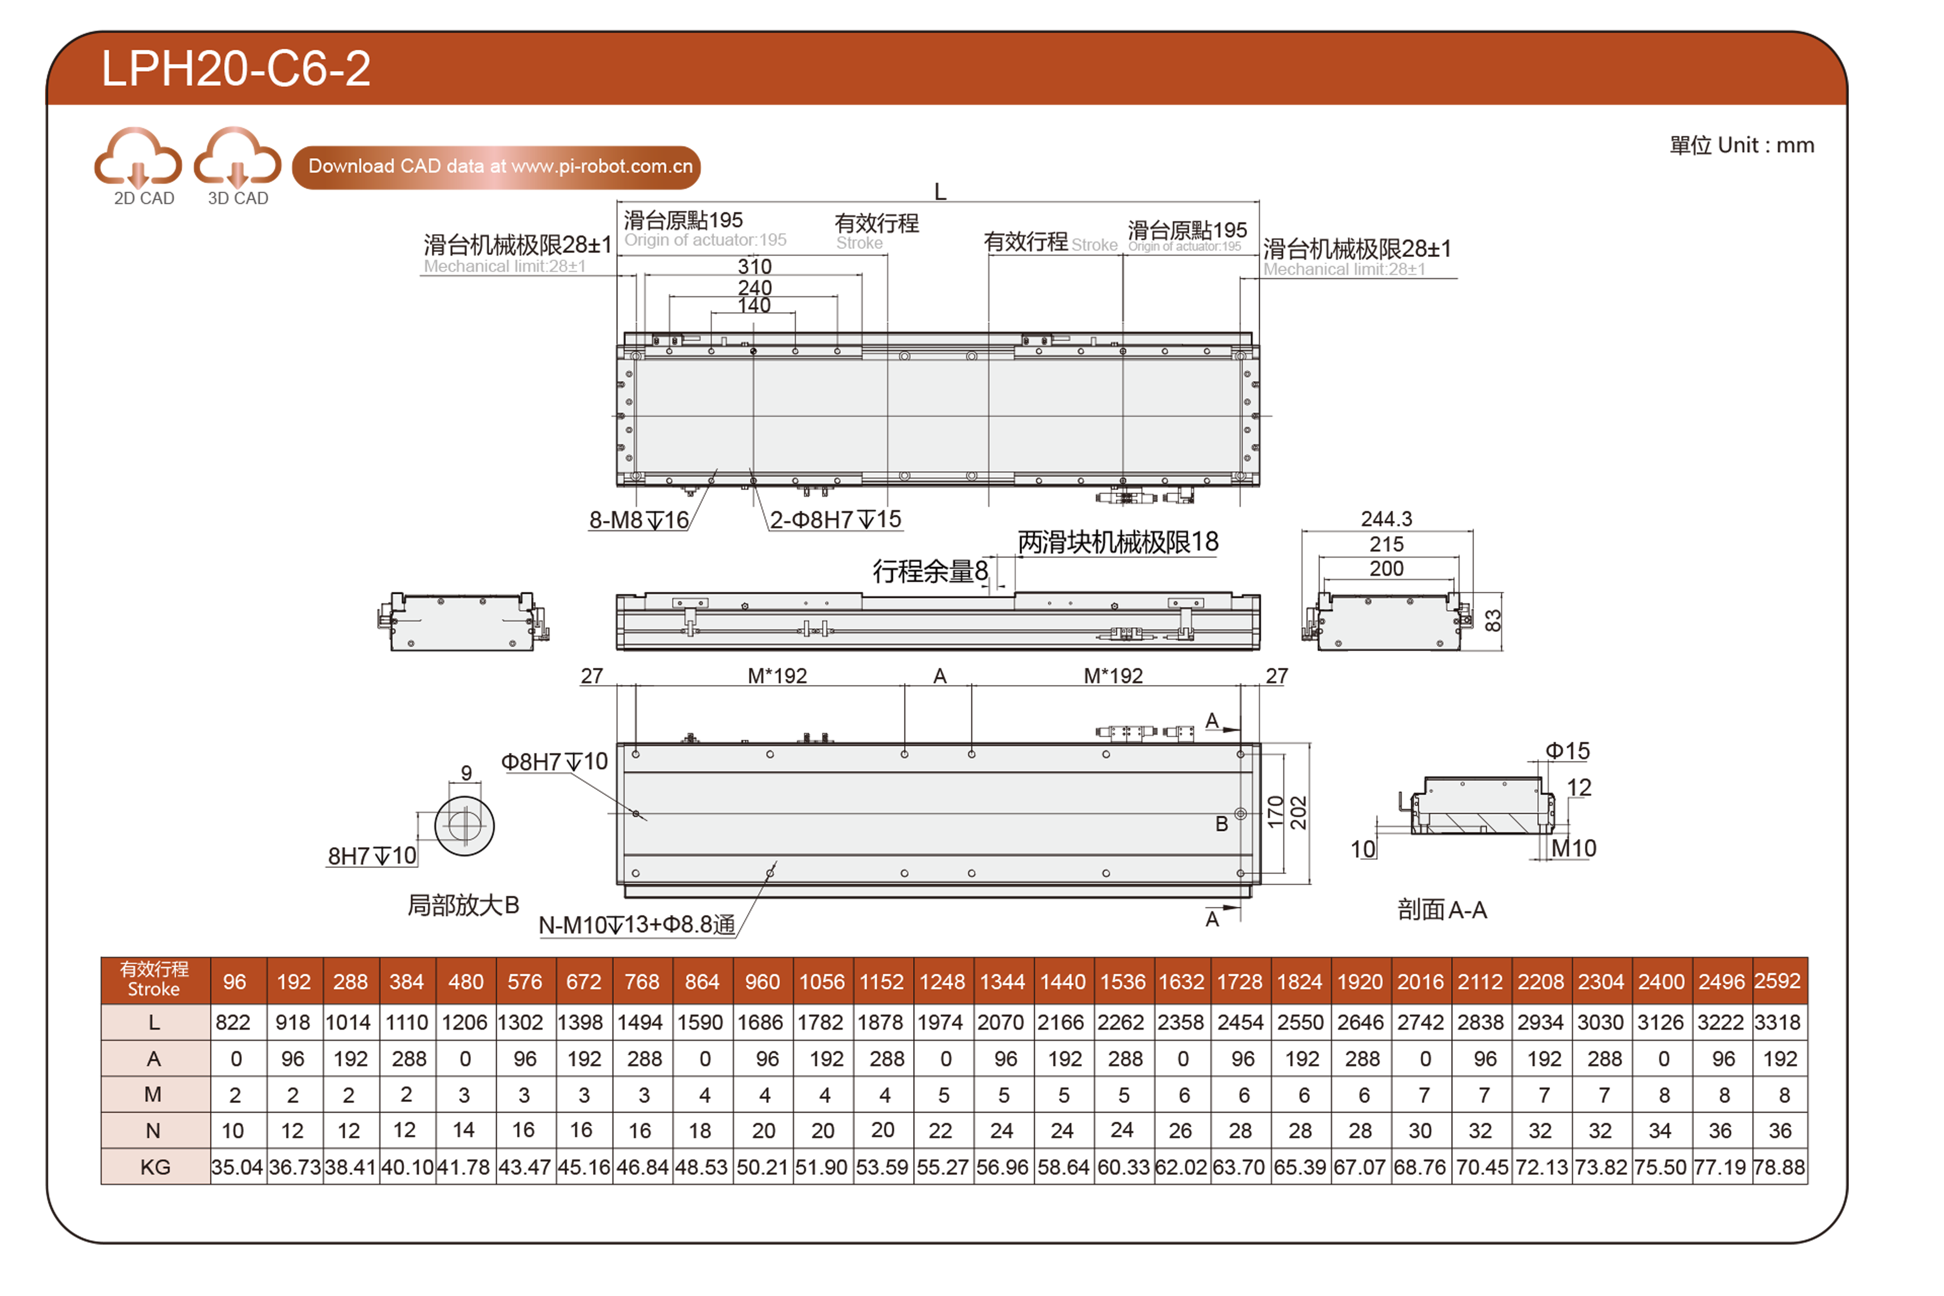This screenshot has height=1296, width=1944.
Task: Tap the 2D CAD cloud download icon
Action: pos(138,157)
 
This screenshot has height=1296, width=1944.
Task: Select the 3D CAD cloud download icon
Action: pos(237,157)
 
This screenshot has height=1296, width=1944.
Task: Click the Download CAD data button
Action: pos(497,167)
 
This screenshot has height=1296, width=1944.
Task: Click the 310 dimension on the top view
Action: pos(754,266)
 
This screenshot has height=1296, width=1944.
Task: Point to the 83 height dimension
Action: pos(1492,621)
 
